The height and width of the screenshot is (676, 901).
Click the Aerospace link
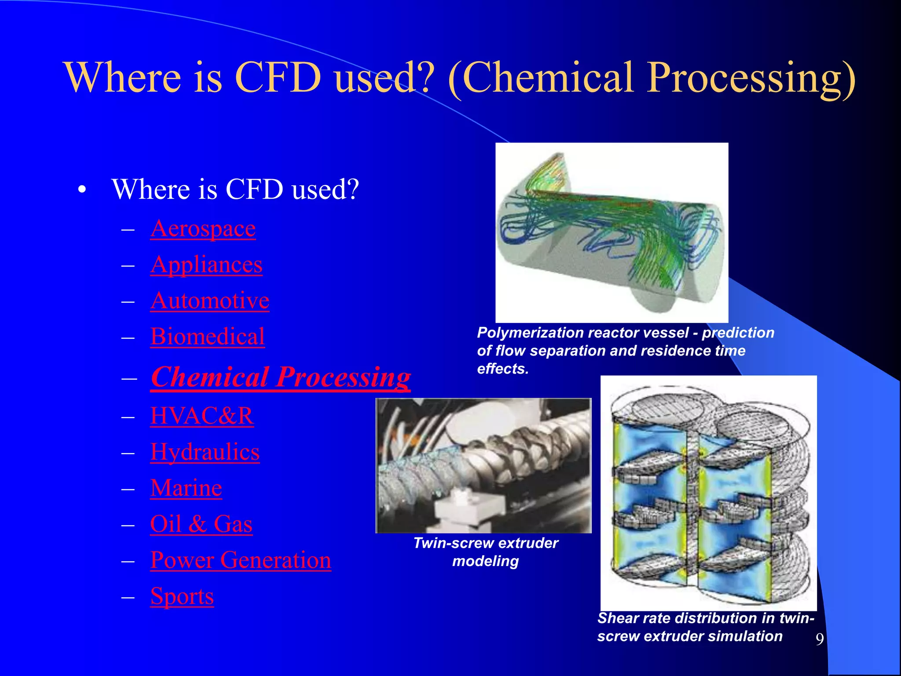(203, 229)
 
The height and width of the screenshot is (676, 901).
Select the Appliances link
(206, 265)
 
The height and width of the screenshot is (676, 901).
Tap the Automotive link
(210, 301)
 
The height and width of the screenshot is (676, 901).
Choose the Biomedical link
(207, 337)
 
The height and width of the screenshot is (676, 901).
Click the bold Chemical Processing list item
(281, 377)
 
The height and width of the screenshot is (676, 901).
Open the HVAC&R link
(202, 416)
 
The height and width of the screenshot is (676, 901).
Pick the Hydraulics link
(205, 452)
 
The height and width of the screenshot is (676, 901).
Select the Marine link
(186, 488)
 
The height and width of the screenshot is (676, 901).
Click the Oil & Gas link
(201, 524)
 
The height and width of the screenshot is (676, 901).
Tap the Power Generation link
(240, 560)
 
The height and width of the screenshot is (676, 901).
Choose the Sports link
(182, 596)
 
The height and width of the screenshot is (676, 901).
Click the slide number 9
(819, 639)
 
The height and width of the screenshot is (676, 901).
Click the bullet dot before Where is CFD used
(82, 190)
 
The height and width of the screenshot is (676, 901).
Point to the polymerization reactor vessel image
(612, 232)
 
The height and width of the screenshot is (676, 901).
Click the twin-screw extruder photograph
(483, 466)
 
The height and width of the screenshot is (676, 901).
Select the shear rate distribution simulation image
(708, 493)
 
